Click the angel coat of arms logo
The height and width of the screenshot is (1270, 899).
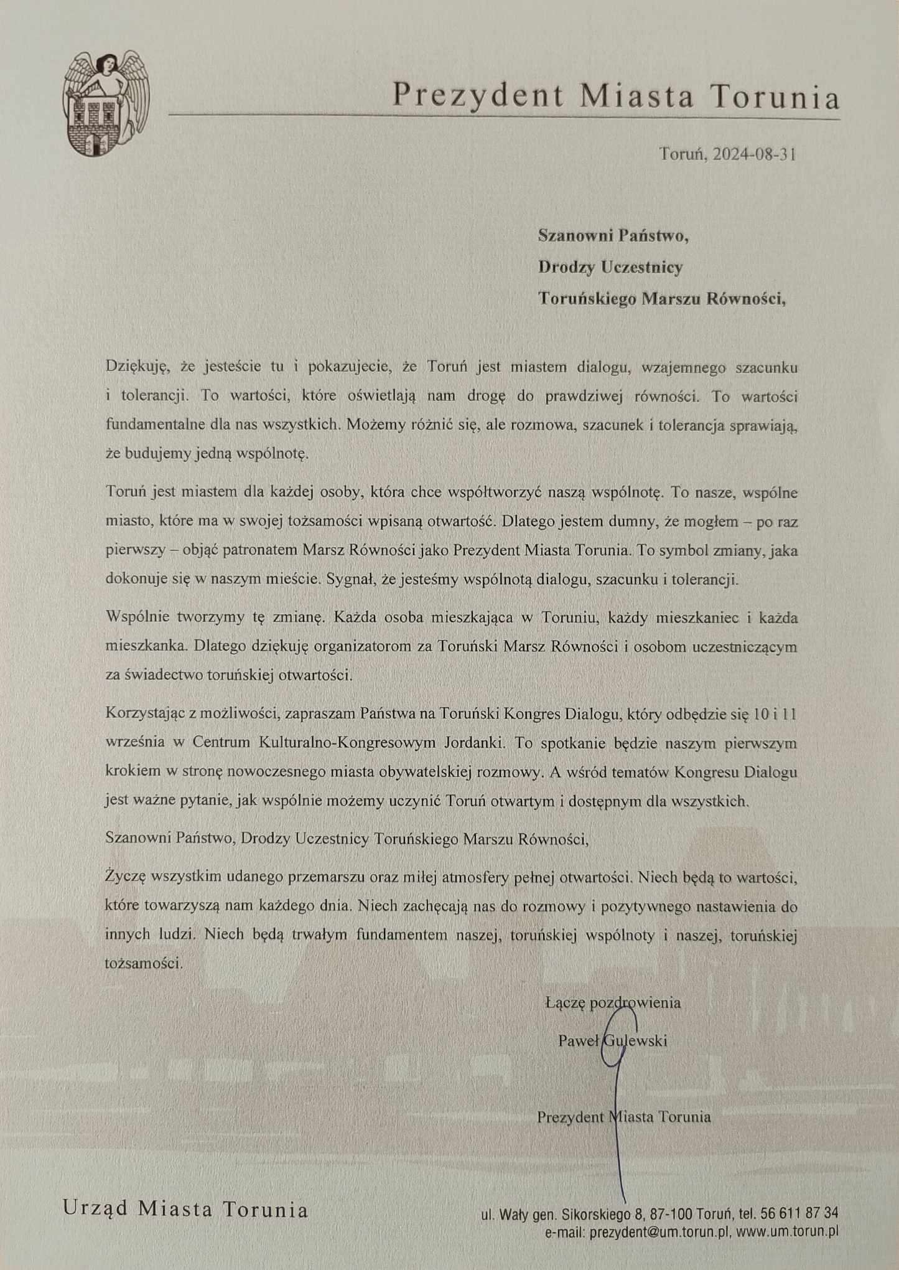[106, 104]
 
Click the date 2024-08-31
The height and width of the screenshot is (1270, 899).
[755, 154]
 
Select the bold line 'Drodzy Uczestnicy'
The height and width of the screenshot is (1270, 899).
[610, 267]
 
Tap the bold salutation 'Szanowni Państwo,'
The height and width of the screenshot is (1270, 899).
[613, 236]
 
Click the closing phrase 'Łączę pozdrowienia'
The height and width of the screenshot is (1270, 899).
[613, 1003]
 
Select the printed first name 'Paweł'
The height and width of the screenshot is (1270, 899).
[578, 1040]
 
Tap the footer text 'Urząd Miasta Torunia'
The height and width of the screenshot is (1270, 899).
[185, 1209]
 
